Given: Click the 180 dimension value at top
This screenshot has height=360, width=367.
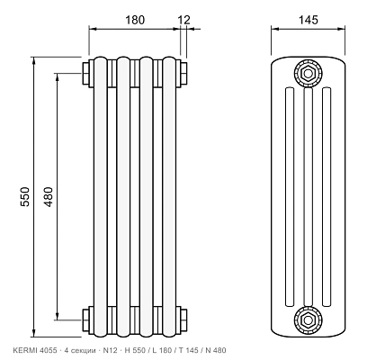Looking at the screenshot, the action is (135, 20).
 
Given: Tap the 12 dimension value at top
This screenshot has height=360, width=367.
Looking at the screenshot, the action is (184, 20).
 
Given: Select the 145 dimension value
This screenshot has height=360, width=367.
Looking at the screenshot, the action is (308, 20).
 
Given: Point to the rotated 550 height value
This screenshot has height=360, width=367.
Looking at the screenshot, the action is (25, 196).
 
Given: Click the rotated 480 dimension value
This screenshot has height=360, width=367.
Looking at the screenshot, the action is (48, 196).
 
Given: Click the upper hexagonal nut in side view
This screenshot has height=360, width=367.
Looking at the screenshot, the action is (308, 73).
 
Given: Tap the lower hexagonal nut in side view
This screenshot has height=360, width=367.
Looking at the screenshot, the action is (308, 320).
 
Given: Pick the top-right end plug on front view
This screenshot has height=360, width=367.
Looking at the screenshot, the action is (182, 74).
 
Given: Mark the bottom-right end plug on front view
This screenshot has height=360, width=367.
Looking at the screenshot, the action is (182, 320).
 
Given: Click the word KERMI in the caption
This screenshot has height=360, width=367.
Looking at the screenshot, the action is (22, 350).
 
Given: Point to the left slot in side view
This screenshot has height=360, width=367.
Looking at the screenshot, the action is (290, 197).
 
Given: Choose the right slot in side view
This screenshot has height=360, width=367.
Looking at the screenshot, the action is (327, 197).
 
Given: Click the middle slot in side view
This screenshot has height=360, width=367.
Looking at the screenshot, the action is (308, 197).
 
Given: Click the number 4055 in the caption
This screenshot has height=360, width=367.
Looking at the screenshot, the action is (45, 350).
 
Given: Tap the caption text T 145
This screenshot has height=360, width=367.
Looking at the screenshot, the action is (188, 350).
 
